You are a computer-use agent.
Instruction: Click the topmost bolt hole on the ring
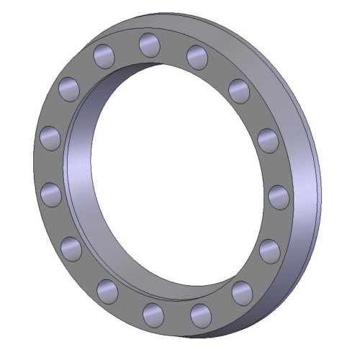149,43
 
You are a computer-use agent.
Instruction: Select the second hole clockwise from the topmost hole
239,89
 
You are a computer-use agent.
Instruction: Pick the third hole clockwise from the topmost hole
267,139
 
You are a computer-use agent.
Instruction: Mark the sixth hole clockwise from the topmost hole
242,292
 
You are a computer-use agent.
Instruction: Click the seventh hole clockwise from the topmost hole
201,315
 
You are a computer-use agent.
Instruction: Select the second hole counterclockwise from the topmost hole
70,89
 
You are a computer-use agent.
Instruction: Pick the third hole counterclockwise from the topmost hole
50,138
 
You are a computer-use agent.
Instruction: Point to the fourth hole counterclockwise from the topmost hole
52,194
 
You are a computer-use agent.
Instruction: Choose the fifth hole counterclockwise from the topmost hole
72,248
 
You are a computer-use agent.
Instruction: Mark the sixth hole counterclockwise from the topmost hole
107,291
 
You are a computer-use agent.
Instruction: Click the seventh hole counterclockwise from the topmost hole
153,313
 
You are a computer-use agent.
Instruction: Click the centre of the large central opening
176,176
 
